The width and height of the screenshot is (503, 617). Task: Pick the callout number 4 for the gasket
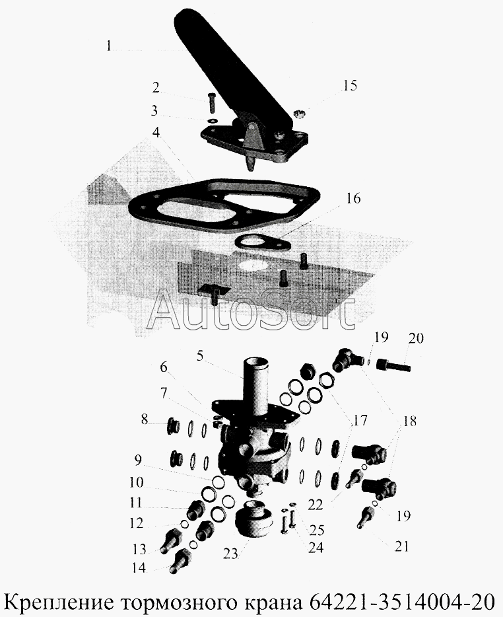(155, 132)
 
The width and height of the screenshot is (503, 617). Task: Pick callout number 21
(402, 546)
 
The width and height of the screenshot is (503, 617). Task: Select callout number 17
(360, 419)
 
